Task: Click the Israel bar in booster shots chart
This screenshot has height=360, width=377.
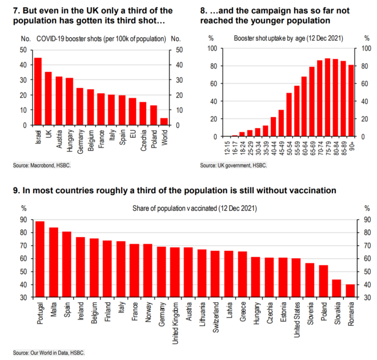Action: (x=38, y=91)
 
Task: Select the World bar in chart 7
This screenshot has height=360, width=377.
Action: (x=165, y=121)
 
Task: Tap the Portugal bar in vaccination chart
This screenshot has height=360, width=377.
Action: (x=40, y=259)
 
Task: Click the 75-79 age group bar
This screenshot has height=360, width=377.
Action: (x=327, y=98)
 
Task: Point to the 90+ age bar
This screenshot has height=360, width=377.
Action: (x=351, y=101)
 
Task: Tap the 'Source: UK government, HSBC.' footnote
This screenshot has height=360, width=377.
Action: (x=234, y=165)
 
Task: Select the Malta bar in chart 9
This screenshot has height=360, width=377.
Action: (x=54, y=262)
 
